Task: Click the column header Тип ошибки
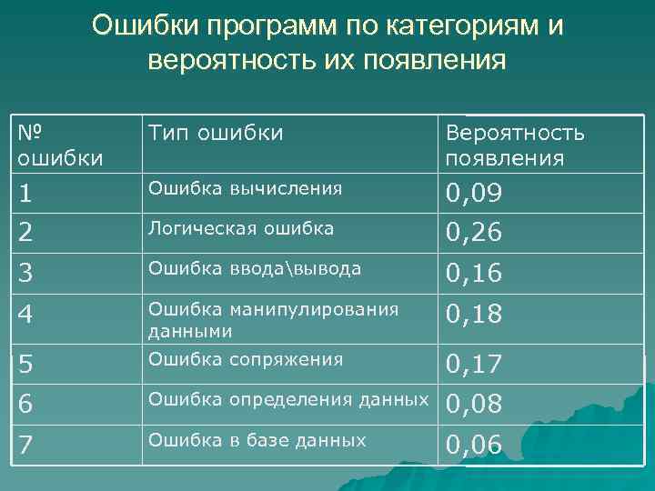[x=216, y=134]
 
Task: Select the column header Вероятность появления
[x=514, y=145]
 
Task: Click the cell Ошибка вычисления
[x=245, y=188]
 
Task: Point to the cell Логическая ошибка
[x=241, y=228]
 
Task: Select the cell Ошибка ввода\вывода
[x=255, y=268]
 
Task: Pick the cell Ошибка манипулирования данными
[x=273, y=320]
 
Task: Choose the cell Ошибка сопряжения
[x=246, y=359]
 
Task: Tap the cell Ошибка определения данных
[x=287, y=397]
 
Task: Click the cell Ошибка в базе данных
[x=257, y=441]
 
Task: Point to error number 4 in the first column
[x=28, y=316]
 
